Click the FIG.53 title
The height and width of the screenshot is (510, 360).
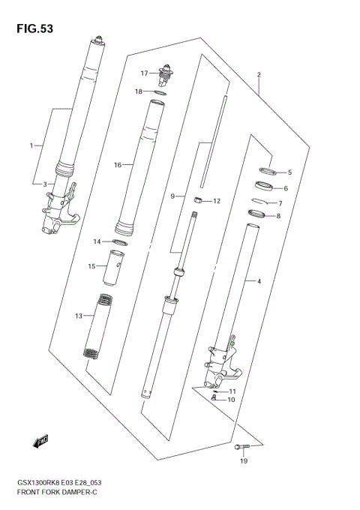click(31, 28)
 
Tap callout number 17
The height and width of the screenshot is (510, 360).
click(145, 73)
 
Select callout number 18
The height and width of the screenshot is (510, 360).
click(139, 91)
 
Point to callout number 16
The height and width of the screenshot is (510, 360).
click(118, 165)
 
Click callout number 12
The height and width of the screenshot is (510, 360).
click(217, 201)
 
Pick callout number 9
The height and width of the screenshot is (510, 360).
click(172, 196)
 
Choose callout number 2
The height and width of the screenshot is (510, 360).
click(259, 75)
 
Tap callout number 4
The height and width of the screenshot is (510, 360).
click(259, 281)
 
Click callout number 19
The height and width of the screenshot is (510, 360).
click(244, 462)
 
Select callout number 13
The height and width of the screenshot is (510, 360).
click(78, 316)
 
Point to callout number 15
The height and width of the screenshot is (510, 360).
click(91, 265)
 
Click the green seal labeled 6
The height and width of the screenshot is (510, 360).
click(263, 186)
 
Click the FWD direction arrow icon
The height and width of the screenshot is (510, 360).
click(41, 441)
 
